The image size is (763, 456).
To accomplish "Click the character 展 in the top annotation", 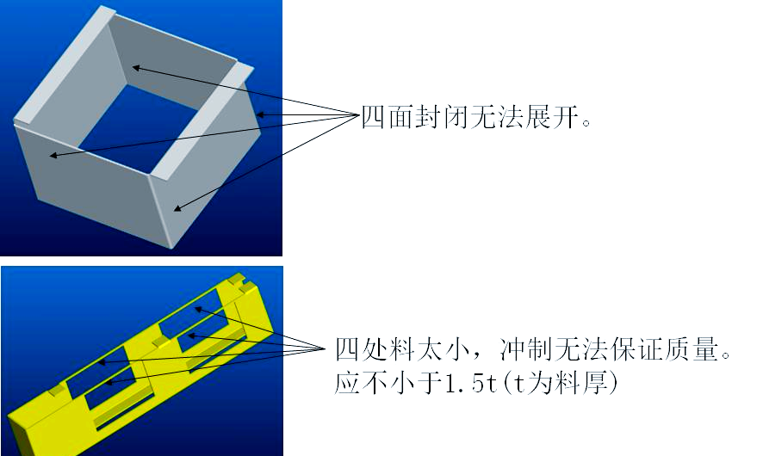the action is pos(537,117).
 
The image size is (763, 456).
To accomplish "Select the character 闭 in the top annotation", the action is pos(456,117).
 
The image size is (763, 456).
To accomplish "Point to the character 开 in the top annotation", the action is pos(565,117).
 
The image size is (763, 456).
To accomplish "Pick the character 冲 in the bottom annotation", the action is pos(512,349).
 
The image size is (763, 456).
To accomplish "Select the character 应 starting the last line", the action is pos(348,383).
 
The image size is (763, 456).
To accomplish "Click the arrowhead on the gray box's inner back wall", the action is pos(136,68).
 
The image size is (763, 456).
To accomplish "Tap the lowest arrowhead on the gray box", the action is pos(177,208).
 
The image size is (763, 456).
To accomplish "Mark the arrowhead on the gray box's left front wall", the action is pos(53,156).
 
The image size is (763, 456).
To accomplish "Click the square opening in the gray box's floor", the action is pos(138,128).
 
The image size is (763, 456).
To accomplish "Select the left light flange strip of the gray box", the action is pos(65,65).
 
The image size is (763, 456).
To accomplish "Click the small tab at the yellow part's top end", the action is pos(237,279).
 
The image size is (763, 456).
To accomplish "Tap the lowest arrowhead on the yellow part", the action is pos(109,383).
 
